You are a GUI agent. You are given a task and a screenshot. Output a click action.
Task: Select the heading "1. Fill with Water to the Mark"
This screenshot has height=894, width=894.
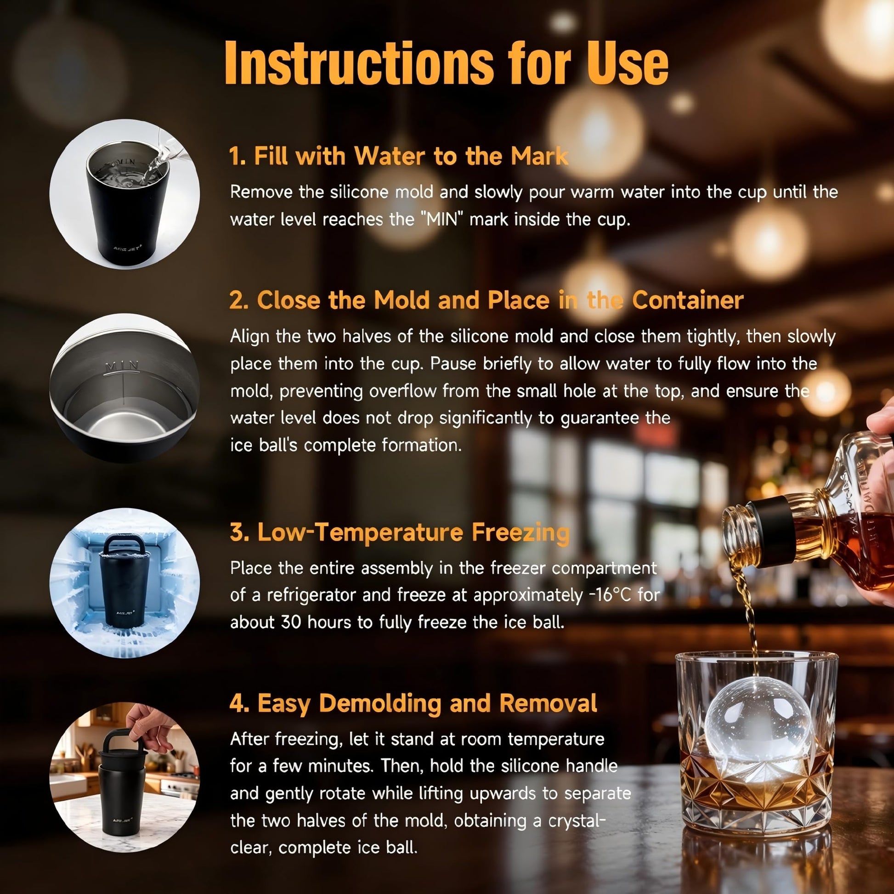tap(399, 156)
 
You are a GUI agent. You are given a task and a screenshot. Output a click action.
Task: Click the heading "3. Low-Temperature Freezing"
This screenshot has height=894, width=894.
tap(399, 532)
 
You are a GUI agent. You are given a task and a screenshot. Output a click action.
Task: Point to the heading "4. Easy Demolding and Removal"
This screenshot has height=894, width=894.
tap(413, 703)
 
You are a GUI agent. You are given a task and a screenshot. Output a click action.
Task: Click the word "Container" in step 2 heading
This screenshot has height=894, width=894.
tap(688, 300)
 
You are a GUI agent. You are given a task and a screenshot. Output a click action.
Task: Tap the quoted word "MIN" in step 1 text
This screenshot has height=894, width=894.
tap(441, 219)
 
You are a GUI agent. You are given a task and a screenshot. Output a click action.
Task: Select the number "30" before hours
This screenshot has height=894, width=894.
tap(292, 622)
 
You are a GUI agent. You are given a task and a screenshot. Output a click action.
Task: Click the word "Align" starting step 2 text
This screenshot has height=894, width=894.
tap(250, 336)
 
